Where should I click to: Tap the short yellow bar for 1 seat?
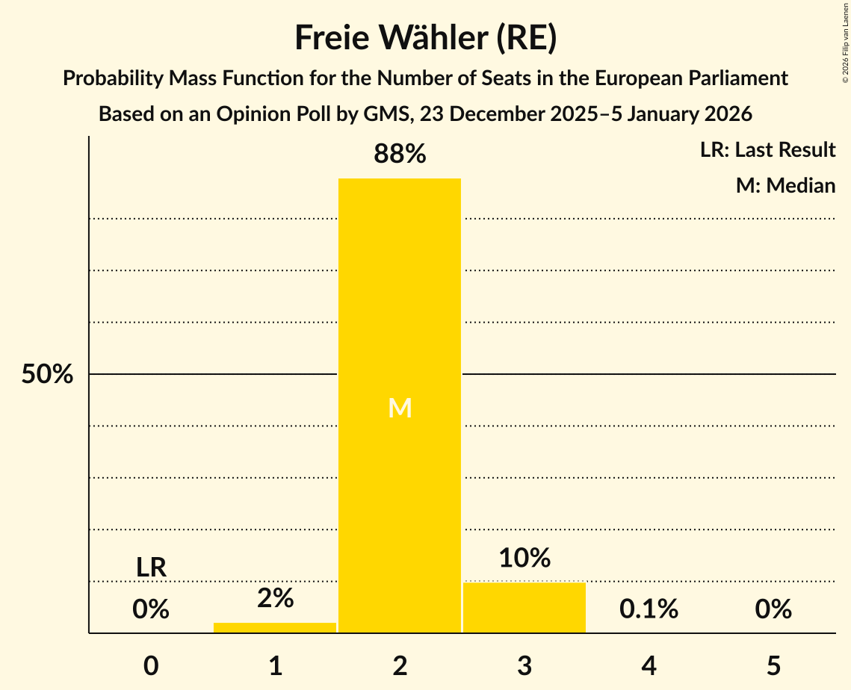275,627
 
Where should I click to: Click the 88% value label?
400,155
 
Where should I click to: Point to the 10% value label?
524,558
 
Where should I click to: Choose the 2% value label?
275,597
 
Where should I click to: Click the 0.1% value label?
649,609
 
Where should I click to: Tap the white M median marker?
400,408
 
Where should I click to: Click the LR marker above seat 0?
151,568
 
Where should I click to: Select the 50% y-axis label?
47,374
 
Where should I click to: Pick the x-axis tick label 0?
151,665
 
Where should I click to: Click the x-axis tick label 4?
649,665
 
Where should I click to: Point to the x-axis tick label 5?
773,665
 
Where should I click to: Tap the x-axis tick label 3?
524,665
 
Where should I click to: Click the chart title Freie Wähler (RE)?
425,38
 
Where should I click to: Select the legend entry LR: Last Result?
767,150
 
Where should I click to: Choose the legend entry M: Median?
785,185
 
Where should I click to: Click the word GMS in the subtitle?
386,114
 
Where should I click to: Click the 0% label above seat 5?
773,609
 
